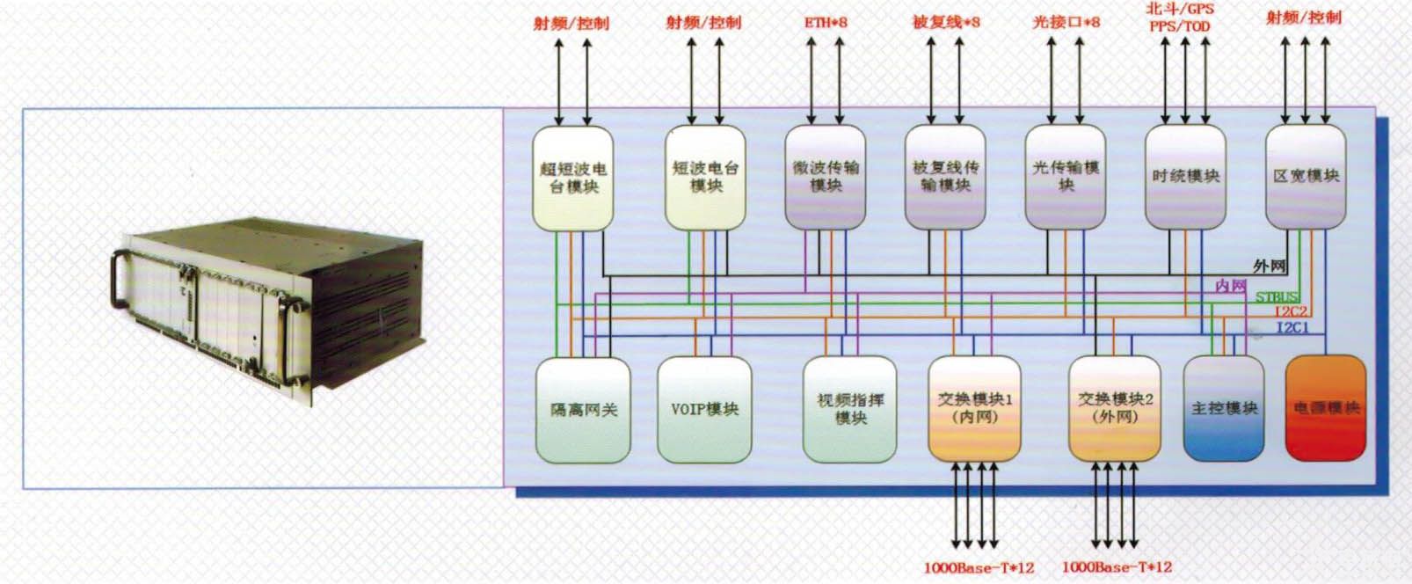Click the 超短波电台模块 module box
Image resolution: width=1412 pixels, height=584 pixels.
pos(573,178)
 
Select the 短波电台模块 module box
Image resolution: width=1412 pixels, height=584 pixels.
pos(705,177)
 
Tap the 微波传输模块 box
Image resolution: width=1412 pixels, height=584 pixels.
pos(825,177)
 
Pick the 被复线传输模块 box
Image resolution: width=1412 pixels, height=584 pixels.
pos(945,177)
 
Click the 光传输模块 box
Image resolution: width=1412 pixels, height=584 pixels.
pos(1066,177)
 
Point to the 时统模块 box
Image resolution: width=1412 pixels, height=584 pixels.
pos(1185,177)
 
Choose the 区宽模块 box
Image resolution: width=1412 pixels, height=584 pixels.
pos(1306,177)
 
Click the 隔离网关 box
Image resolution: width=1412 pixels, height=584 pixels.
pos(583,410)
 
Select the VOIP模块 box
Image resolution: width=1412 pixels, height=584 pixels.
pos(704,410)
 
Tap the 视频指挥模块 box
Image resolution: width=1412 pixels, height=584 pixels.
pos(850,410)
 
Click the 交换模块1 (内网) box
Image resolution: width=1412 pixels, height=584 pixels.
pos(974,409)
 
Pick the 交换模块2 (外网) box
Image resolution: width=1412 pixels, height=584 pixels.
pos(1115,409)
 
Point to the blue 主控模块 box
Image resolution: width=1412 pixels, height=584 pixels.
pos(1224,409)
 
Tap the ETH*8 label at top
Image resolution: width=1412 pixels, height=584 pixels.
pos(826,22)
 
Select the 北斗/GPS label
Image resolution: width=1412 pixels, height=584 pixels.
pos(1180,9)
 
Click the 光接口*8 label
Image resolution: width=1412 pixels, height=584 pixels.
pos(1066,22)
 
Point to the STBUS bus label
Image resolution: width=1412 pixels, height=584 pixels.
pos(1276,297)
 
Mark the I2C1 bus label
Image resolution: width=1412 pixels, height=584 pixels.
pos(1292,328)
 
